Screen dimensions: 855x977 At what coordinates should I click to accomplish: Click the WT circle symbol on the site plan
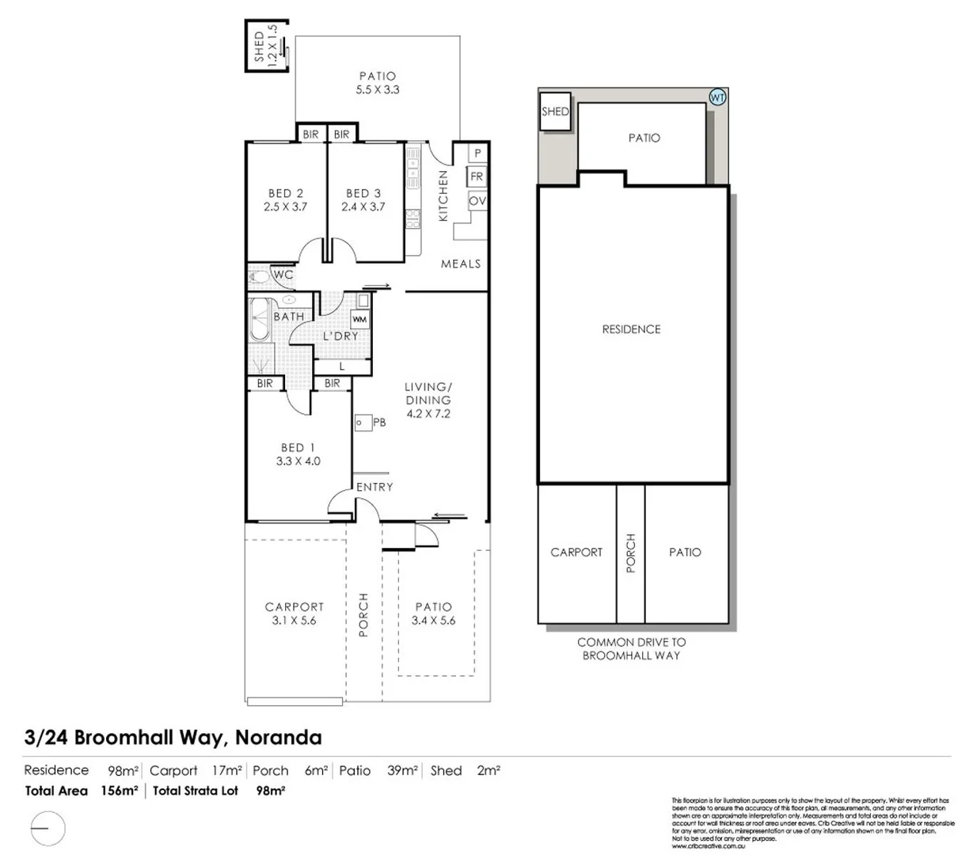(x=717, y=98)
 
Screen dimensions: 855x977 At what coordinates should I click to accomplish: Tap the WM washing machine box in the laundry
(x=360, y=319)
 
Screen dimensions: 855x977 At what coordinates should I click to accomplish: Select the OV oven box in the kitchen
(x=477, y=201)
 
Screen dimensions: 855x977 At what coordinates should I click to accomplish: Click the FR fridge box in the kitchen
(x=477, y=177)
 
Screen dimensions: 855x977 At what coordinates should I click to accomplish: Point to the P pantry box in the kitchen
(x=477, y=153)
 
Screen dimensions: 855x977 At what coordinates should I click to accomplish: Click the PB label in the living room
(x=379, y=423)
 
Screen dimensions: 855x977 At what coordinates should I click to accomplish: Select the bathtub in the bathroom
(x=259, y=320)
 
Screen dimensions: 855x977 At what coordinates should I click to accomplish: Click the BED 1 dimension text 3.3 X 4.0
(x=298, y=461)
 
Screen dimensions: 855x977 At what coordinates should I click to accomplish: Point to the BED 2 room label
(x=286, y=193)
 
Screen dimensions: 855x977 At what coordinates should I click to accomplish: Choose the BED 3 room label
(x=363, y=193)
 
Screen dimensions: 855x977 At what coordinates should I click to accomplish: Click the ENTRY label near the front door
(x=374, y=487)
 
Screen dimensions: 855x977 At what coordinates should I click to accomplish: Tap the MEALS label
(x=461, y=264)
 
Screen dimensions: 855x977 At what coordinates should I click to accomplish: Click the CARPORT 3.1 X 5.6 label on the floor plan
(x=294, y=614)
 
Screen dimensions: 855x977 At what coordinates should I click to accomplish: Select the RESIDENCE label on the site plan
(x=631, y=329)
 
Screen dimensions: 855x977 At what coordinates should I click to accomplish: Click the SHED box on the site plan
(x=555, y=112)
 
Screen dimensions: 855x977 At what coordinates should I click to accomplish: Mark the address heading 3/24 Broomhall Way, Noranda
(x=173, y=738)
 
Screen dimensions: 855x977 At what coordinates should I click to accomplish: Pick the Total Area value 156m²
(x=120, y=790)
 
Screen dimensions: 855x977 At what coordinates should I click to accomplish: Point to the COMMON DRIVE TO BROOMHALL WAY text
(x=631, y=648)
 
